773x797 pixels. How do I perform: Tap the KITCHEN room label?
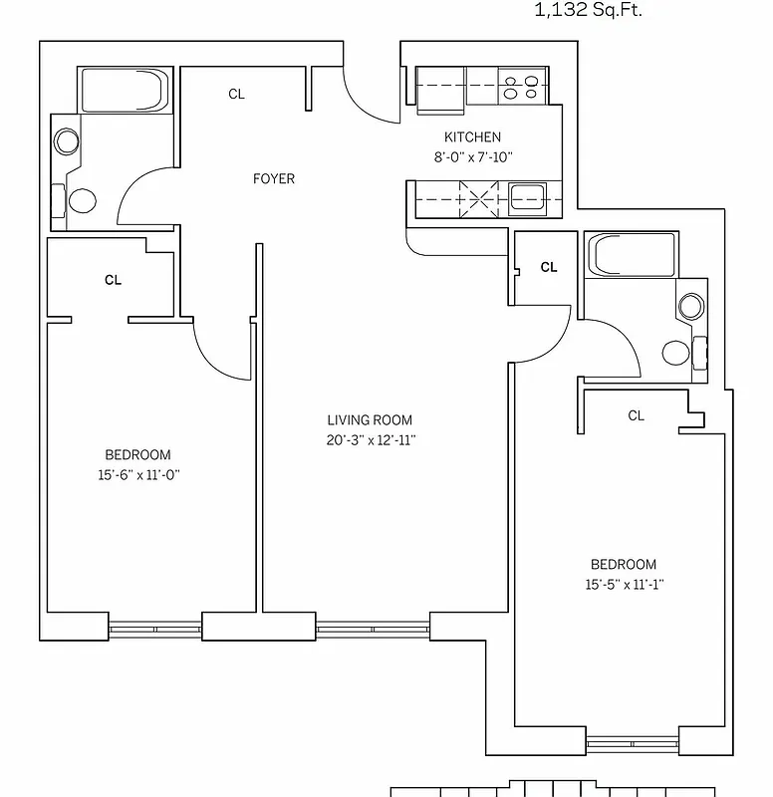click(x=472, y=137)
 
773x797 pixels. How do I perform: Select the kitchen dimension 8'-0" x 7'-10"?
click(x=472, y=156)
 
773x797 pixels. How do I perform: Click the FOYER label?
click(x=273, y=179)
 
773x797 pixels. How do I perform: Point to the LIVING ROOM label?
click(x=370, y=420)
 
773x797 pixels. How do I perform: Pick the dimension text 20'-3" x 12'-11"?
click(x=370, y=439)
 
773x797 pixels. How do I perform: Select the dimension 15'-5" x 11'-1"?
click(x=623, y=585)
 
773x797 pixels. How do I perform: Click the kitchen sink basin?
click(x=525, y=197)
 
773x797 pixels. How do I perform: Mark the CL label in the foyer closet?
click(x=236, y=95)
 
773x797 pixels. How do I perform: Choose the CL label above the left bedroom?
click(x=113, y=281)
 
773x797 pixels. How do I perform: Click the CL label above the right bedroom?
click(x=636, y=415)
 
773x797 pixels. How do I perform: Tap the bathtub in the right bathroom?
click(x=632, y=255)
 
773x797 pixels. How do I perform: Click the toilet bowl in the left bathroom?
click(x=82, y=200)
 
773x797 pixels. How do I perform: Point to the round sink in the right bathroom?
click(x=690, y=306)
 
